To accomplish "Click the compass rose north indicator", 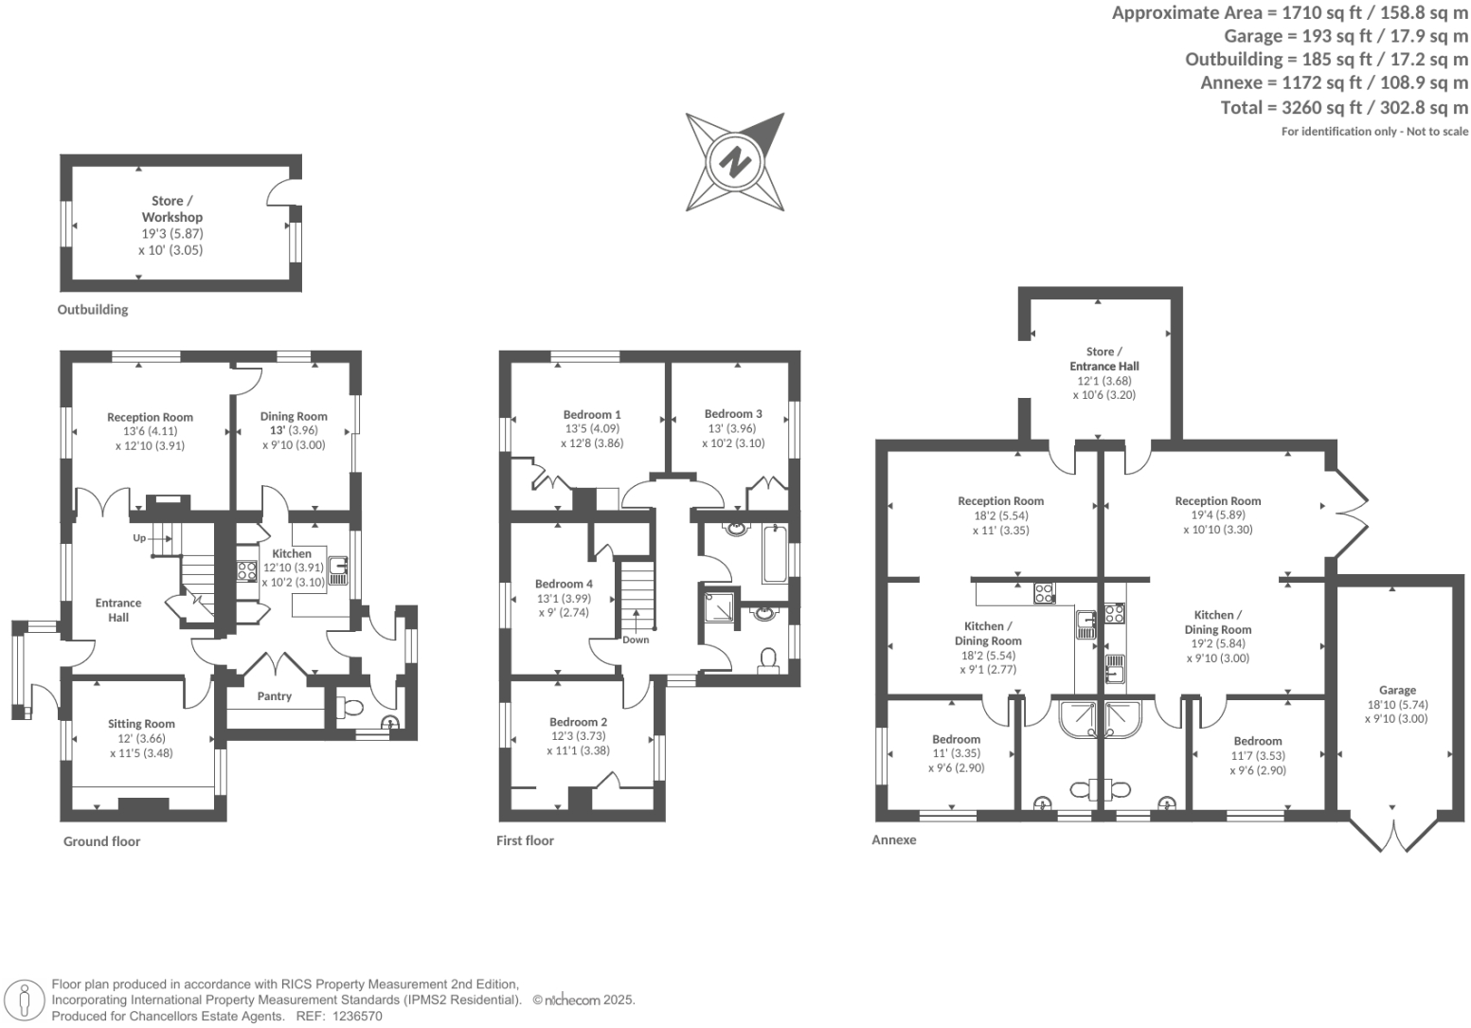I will (x=735, y=162).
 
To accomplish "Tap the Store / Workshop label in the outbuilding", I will (x=171, y=208).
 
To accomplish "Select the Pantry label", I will (x=275, y=696).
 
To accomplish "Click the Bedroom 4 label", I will (x=564, y=584).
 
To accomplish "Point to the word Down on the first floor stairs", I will (x=636, y=640).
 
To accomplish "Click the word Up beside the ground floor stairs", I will (x=139, y=538).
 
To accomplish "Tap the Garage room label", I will (x=1397, y=690).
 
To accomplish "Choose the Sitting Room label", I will (x=141, y=724).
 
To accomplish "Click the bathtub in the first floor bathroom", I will (x=775, y=552).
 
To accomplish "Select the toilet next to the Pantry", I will (x=349, y=707).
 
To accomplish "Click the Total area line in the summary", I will (x=1344, y=107).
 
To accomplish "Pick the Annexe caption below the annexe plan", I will (x=893, y=839).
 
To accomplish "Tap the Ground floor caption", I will (x=101, y=841).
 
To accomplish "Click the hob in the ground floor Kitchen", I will (x=246, y=570).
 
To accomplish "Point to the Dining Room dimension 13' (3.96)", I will (x=294, y=430).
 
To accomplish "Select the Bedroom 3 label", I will (x=733, y=414).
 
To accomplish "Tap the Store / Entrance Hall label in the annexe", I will (x=1103, y=358).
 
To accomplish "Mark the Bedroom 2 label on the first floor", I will (x=578, y=722).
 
